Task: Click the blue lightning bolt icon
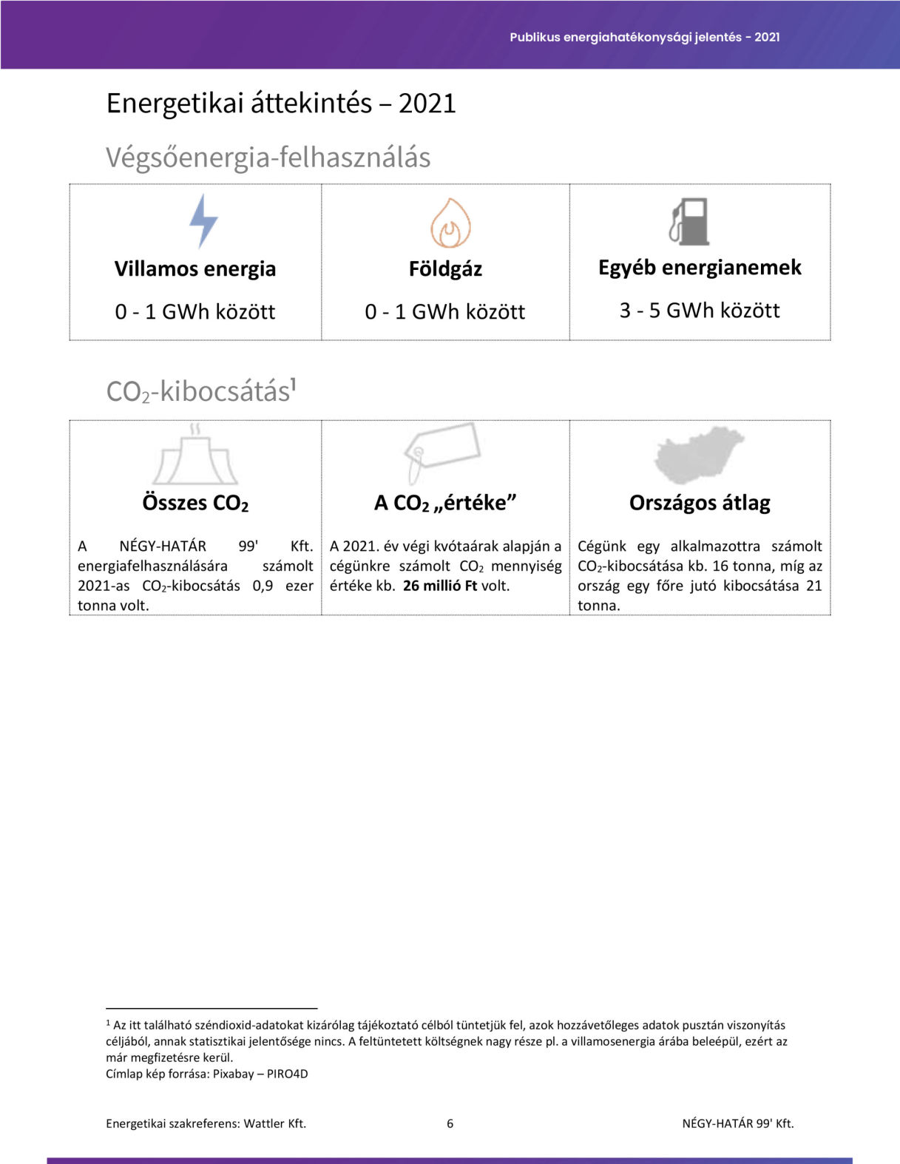(x=203, y=221)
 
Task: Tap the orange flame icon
(x=451, y=223)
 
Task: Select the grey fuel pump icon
(x=690, y=221)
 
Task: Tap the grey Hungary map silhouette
(x=699, y=453)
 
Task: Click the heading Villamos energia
(x=195, y=268)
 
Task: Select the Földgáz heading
(x=445, y=268)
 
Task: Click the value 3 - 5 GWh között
(x=700, y=311)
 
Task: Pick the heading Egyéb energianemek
(x=700, y=267)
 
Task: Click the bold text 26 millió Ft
(x=440, y=586)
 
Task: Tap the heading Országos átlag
(x=700, y=503)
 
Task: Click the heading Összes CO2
(x=195, y=503)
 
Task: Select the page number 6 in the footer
(x=450, y=1123)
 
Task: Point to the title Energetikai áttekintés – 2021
(x=281, y=103)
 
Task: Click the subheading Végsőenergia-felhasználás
(x=268, y=158)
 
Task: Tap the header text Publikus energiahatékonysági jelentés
(x=625, y=37)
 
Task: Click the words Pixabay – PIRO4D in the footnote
(x=260, y=1074)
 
